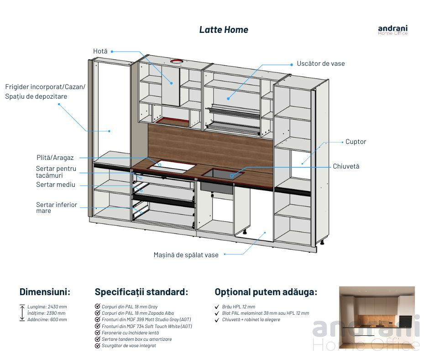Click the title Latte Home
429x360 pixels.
click(224, 30)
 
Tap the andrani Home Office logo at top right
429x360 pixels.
click(392, 30)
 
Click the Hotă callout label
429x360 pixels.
click(100, 51)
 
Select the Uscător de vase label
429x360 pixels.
click(321, 64)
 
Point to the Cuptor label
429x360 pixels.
click(356, 142)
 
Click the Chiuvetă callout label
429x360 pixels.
click(346, 166)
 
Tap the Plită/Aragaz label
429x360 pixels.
click(55, 158)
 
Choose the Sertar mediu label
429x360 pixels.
click(56, 185)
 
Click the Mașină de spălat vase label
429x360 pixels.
click(186, 255)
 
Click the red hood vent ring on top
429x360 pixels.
click(176, 61)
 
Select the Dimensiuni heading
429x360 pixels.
click(45, 292)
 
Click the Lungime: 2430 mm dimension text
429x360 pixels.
click(47, 307)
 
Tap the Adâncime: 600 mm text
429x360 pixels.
click(47, 319)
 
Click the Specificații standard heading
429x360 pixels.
click(141, 292)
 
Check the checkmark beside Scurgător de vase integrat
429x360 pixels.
click(97, 345)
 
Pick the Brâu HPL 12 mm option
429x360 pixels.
click(239, 307)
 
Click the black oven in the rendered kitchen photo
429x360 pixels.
click(405, 322)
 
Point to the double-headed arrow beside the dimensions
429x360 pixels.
click(22, 312)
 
